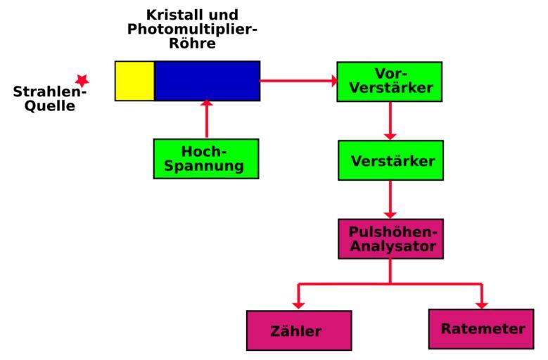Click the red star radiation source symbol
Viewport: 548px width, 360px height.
pyautogui.click(x=82, y=80)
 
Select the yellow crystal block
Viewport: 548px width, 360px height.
pyautogui.click(x=134, y=81)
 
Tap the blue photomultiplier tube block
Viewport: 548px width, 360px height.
pyautogui.click(x=207, y=81)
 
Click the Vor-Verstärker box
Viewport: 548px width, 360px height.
pyautogui.click(x=389, y=82)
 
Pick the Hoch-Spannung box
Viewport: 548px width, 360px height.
pyautogui.click(x=206, y=159)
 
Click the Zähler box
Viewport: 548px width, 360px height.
pyautogui.click(x=298, y=330)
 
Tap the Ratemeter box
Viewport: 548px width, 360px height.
pyautogui.click(x=480, y=328)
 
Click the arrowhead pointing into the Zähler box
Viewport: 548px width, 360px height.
pyautogui.click(x=298, y=304)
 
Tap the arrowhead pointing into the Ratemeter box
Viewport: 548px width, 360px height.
pyautogui.click(x=482, y=303)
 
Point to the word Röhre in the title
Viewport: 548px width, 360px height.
pyautogui.click(x=191, y=44)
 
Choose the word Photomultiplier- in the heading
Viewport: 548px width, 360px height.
pyautogui.click(x=192, y=29)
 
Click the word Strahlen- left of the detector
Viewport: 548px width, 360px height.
pyautogui.click(x=50, y=93)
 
